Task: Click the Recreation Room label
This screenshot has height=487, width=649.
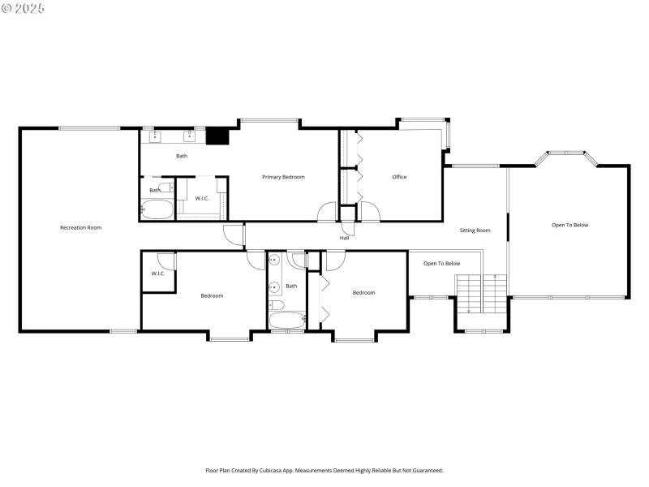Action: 80,228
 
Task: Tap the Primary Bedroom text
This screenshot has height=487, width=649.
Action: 283,177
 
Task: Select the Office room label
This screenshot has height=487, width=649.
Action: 399,177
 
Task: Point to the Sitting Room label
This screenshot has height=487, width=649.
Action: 475,231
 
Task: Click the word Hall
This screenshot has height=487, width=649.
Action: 345,238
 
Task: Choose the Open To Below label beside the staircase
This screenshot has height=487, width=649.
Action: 442,264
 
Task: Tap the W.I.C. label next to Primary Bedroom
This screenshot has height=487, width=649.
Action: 202,199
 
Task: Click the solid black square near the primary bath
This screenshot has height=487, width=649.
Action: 217,136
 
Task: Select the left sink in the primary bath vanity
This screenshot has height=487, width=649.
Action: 155,137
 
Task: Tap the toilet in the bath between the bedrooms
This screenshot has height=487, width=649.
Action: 275,305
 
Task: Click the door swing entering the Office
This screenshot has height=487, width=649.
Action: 369,212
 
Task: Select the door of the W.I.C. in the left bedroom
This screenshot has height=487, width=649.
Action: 166,261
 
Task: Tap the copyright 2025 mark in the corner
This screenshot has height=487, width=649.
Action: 23,7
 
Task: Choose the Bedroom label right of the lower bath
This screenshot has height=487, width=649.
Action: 363,293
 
